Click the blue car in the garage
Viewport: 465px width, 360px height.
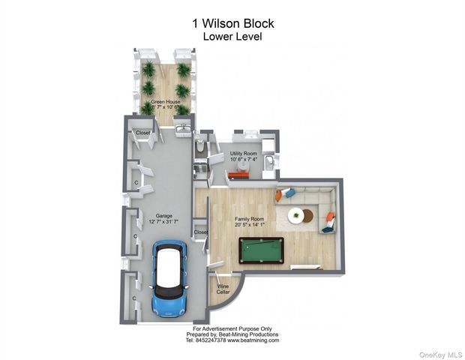point(169,278)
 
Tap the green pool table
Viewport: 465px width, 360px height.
point(261,250)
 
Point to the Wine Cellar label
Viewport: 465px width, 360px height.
point(223,289)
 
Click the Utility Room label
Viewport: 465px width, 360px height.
point(244,153)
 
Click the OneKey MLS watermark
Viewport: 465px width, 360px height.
point(442,352)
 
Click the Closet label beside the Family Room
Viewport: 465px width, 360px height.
point(201,232)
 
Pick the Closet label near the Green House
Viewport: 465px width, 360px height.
point(142,133)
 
